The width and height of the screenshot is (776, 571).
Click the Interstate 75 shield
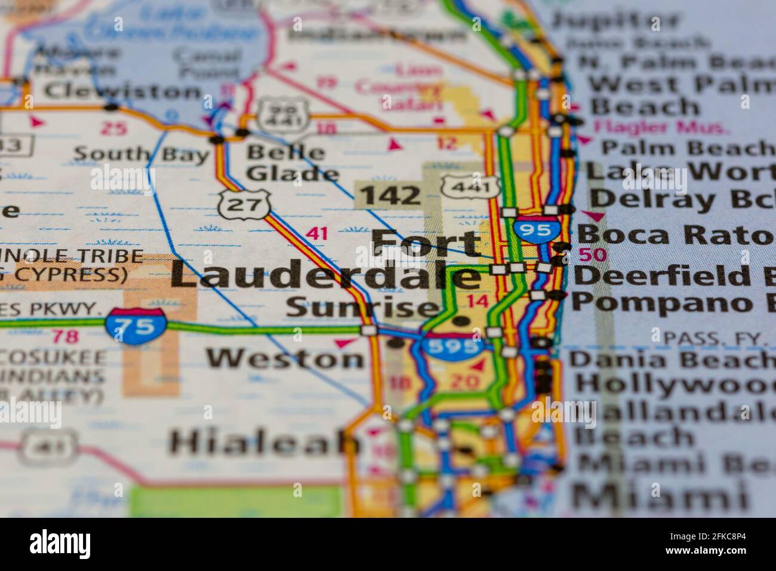point(136,326)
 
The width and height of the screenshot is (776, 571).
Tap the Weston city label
point(285,358)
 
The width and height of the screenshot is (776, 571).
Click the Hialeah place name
point(266,443)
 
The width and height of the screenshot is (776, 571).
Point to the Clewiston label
point(122,92)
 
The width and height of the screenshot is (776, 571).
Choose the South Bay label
point(141,154)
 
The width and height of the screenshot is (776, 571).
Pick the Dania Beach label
point(672,360)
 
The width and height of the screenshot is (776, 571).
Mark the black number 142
point(391,195)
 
